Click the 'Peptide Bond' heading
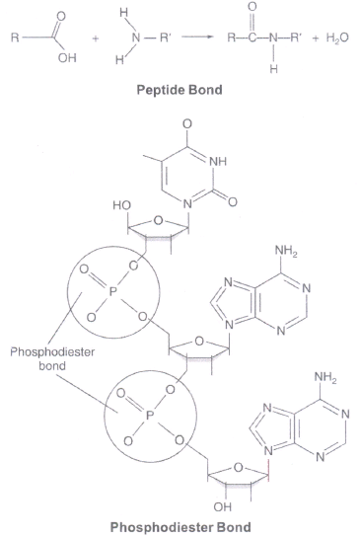tap(180, 90)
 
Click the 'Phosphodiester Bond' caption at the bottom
tap(180, 527)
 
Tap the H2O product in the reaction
tap(337, 38)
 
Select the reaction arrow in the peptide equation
tap(197, 36)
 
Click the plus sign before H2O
tap(316, 38)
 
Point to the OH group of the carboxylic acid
tap(67, 58)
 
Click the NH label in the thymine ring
tap(218, 161)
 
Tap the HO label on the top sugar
tap(121, 205)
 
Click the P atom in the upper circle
tap(112, 292)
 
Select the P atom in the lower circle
tap(150, 416)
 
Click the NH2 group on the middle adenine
tap(286, 252)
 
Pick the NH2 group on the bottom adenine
tap(325, 378)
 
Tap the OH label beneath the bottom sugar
tap(223, 506)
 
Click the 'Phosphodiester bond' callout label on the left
tap(52, 358)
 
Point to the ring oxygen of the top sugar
tap(158, 220)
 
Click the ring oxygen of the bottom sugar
tap(238, 467)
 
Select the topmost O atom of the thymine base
tap(187, 123)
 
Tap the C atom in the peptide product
tap(252, 38)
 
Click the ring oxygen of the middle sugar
tap(199, 341)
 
